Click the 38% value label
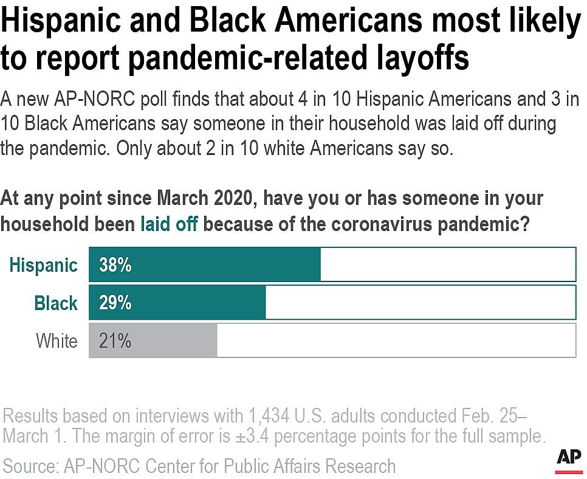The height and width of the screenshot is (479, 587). click(x=115, y=265)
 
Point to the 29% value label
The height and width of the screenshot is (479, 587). click(x=115, y=303)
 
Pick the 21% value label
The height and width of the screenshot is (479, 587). click(x=115, y=341)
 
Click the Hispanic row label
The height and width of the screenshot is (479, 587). click(x=44, y=266)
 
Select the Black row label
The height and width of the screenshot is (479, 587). click(x=56, y=303)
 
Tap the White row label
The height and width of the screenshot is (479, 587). click(x=57, y=341)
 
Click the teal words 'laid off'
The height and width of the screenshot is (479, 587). click(x=169, y=224)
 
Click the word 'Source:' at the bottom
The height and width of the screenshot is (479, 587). click(x=29, y=466)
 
